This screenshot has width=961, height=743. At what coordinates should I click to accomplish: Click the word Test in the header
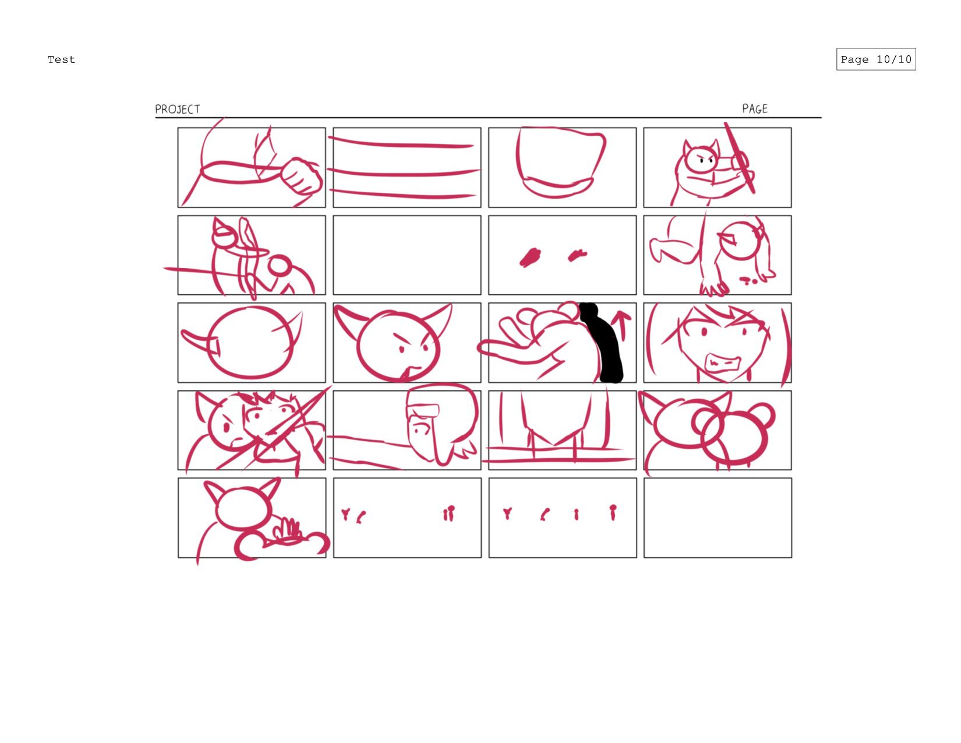coord(61,59)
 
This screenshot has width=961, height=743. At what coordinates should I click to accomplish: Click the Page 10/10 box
coord(875,59)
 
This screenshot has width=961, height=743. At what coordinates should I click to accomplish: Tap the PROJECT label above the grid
coord(177,109)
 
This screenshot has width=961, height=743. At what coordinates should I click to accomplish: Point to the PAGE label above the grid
coord(754,108)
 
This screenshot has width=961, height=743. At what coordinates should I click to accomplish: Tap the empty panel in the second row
coord(407,255)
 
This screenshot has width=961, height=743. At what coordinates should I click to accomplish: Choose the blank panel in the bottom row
coord(718,517)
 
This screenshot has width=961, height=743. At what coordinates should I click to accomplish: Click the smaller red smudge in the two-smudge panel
coord(578,255)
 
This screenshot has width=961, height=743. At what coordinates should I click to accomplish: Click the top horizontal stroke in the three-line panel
coord(401,143)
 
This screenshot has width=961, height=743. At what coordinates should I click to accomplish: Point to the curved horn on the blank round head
coord(199,341)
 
